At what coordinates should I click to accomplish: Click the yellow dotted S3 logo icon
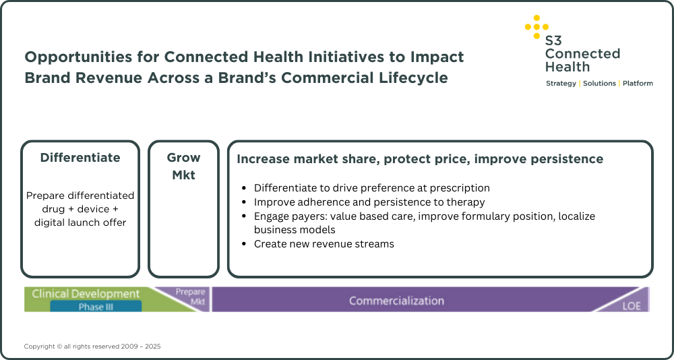[537, 27]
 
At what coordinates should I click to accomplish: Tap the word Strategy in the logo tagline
[561, 84]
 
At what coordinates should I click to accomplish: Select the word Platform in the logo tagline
[638, 84]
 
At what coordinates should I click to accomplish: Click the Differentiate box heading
[80, 158]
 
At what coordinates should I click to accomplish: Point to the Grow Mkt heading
[183, 167]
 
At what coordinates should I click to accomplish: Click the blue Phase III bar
[96, 306]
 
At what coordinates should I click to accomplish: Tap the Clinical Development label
[86, 294]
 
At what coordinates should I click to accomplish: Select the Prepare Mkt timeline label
[191, 297]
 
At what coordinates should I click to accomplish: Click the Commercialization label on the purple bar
[396, 301]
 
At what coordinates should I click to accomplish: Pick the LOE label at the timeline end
[632, 307]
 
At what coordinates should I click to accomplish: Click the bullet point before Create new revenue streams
[245, 244]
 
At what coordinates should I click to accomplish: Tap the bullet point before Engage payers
[245, 216]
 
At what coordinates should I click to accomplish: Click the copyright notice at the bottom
[92, 347]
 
